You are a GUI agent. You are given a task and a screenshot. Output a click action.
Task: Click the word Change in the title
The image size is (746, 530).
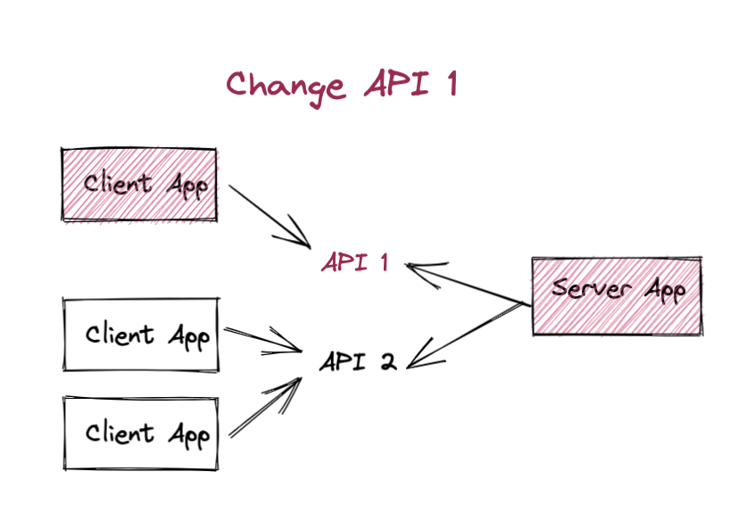pyautogui.click(x=285, y=88)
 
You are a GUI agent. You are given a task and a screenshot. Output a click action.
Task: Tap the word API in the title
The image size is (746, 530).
pyautogui.click(x=397, y=83)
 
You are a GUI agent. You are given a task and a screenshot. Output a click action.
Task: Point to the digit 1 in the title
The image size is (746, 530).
pyautogui.click(x=452, y=84)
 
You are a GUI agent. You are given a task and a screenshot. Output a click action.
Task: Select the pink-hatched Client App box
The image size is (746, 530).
pyautogui.click(x=139, y=184)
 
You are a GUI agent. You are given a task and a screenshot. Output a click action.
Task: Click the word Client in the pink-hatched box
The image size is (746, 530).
pyautogui.click(x=117, y=183)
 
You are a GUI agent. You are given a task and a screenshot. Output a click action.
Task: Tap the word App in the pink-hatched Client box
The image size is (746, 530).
pyautogui.click(x=187, y=186)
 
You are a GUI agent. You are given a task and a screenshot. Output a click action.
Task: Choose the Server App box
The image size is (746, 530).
pyautogui.click(x=618, y=296)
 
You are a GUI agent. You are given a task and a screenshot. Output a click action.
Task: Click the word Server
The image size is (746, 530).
pyautogui.click(x=592, y=287)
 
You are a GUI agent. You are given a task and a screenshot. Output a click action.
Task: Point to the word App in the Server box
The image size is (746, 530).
pyautogui.click(x=665, y=290)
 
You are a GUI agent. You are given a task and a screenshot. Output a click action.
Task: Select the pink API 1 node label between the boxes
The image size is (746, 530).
pyautogui.click(x=355, y=262)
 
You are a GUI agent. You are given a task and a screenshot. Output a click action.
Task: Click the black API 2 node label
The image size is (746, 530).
pyautogui.click(x=358, y=361)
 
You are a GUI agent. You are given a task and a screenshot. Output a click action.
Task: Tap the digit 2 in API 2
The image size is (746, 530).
pyautogui.click(x=389, y=361)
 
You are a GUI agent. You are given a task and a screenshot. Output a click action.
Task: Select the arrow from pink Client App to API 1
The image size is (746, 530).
pyautogui.click(x=269, y=217)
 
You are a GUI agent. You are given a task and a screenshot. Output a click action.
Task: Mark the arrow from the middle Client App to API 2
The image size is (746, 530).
pyautogui.click(x=263, y=340)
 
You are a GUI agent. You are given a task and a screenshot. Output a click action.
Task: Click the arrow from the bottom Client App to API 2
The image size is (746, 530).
pyautogui.click(x=266, y=407)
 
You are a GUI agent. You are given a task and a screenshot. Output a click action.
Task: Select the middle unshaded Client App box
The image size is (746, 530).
pyautogui.click(x=141, y=335)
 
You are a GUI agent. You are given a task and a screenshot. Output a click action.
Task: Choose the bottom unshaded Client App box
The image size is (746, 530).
pyautogui.click(x=141, y=433)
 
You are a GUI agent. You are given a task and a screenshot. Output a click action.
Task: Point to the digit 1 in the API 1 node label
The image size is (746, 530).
pyautogui.click(x=385, y=262)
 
